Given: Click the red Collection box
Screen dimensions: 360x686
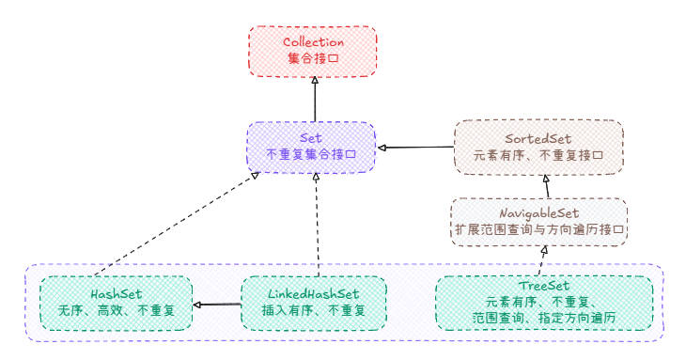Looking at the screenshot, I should tap(314, 50).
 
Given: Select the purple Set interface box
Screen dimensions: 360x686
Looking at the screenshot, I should tap(312, 146).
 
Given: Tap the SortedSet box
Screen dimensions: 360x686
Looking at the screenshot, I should tap(537, 146).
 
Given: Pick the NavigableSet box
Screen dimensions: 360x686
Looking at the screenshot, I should tap(537, 221).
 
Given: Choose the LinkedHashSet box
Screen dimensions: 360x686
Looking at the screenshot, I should tap(313, 303).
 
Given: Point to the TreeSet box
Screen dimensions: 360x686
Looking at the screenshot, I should tap(543, 302).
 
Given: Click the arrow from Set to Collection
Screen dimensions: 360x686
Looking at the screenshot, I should tap(314, 99).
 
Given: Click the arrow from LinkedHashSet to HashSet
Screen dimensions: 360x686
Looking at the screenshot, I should tap(217, 305).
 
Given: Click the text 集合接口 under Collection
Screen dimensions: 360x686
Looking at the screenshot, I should tap(314, 58).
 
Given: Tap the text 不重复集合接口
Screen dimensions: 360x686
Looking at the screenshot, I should tap(312, 154).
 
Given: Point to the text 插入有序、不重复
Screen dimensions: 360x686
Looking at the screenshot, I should tap(313, 311).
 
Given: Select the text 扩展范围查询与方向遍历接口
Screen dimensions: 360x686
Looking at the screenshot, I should tap(537, 229).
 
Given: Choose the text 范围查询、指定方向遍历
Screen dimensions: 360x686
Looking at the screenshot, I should tap(543, 317).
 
